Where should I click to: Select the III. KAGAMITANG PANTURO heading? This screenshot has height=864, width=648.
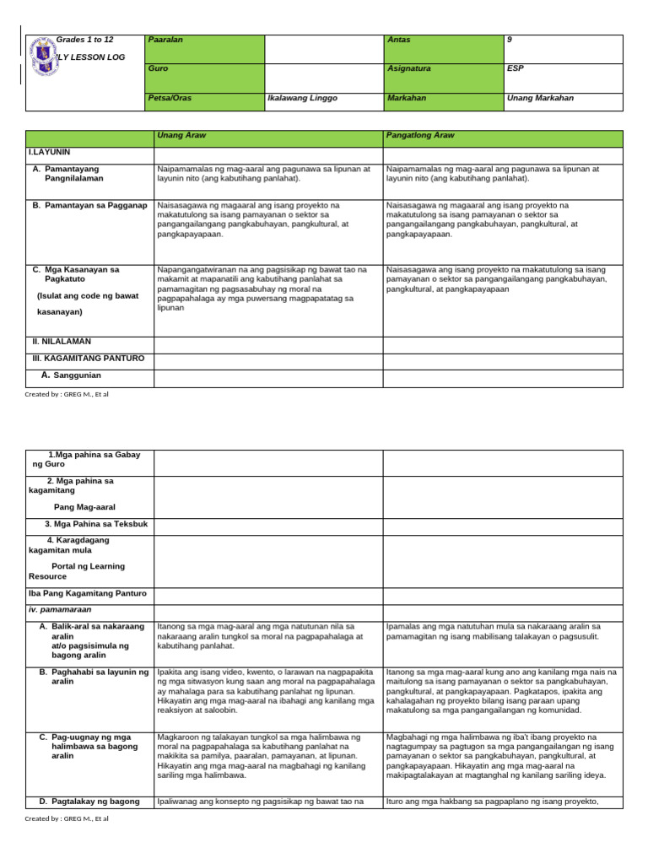pyautogui.click(x=89, y=359)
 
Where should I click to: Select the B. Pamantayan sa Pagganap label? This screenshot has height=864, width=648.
pyautogui.click(x=90, y=205)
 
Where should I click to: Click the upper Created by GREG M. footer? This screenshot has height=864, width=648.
pyautogui.click(x=67, y=394)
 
